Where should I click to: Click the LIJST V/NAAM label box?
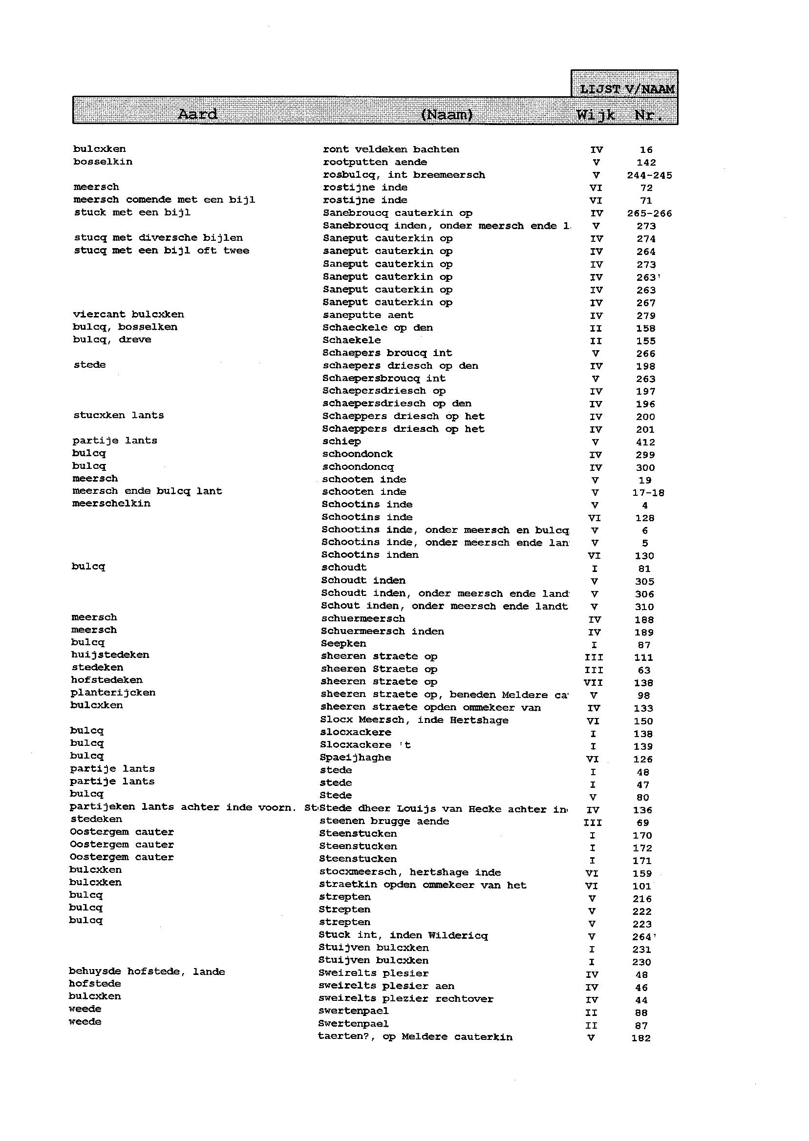coord(627,89)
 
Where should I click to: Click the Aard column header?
coord(198,115)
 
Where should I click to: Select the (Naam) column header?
coord(447,115)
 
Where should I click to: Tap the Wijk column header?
coord(596,115)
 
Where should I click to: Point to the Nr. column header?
coord(648,116)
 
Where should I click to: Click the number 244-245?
coord(649,175)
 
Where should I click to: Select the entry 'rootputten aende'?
coord(375,162)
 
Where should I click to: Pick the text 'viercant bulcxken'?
coord(128,315)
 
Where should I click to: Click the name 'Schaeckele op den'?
coord(378,328)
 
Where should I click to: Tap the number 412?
coord(645,442)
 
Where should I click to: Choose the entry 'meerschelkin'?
coord(111,504)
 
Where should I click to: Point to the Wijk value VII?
coord(593,683)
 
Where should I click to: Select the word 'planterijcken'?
coord(113,693)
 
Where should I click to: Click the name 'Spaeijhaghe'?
coord(355,758)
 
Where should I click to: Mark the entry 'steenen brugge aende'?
coord(384,821)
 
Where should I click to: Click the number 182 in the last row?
coord(640,1038)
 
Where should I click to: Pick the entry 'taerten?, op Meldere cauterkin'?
coord(415,1037)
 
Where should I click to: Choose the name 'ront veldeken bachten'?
coord(391,149)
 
